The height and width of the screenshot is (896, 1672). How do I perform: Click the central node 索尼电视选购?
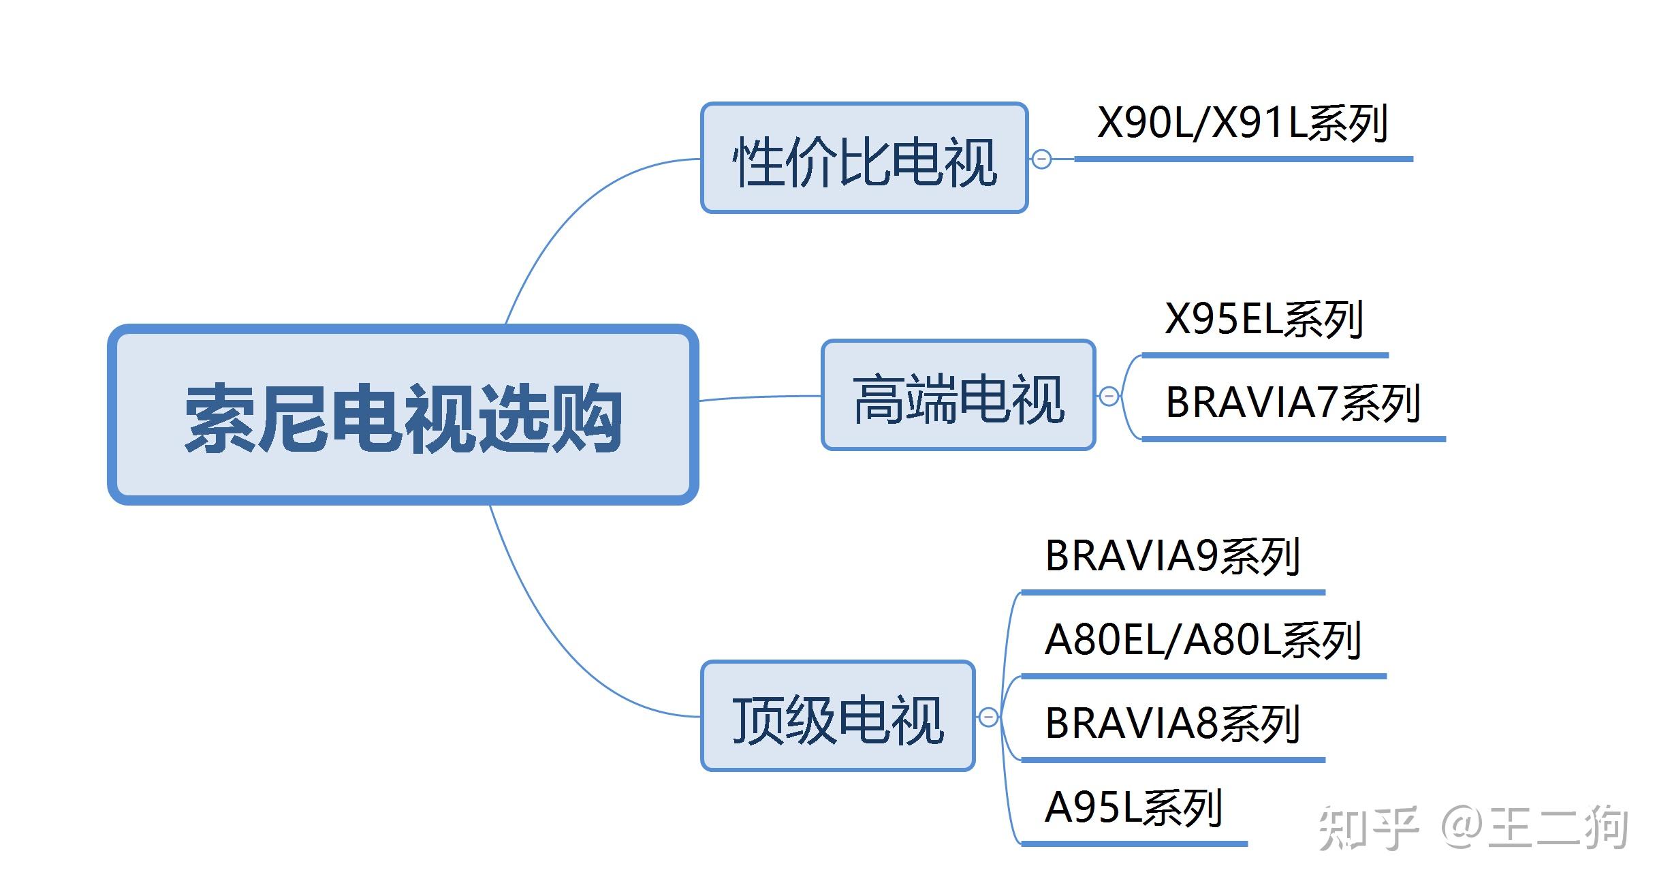point(403,415)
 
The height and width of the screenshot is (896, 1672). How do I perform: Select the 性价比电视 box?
point(864,158)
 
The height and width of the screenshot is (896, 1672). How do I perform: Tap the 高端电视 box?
point(958,395)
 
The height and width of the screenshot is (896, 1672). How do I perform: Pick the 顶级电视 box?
point(837,716)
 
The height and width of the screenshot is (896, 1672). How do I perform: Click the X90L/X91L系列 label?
point(1242,123)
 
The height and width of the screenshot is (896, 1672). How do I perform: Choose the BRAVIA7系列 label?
point(1292,403)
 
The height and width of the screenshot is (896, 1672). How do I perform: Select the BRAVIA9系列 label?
point(1172,556)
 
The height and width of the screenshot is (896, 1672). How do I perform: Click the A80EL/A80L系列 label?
point(1203,640)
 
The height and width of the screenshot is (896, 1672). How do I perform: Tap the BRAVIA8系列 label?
point(1172,724)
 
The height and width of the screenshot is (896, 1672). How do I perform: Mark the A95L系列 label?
point(1133,807)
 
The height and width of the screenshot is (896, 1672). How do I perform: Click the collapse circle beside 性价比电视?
point(1041,159)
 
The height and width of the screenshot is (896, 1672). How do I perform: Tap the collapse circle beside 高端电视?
point(1109,396)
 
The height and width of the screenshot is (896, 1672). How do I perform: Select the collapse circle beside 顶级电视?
point(988,717)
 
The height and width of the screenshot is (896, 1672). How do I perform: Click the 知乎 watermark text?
point(1367,828)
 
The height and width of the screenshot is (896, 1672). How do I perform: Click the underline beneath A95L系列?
point(1134,844)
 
